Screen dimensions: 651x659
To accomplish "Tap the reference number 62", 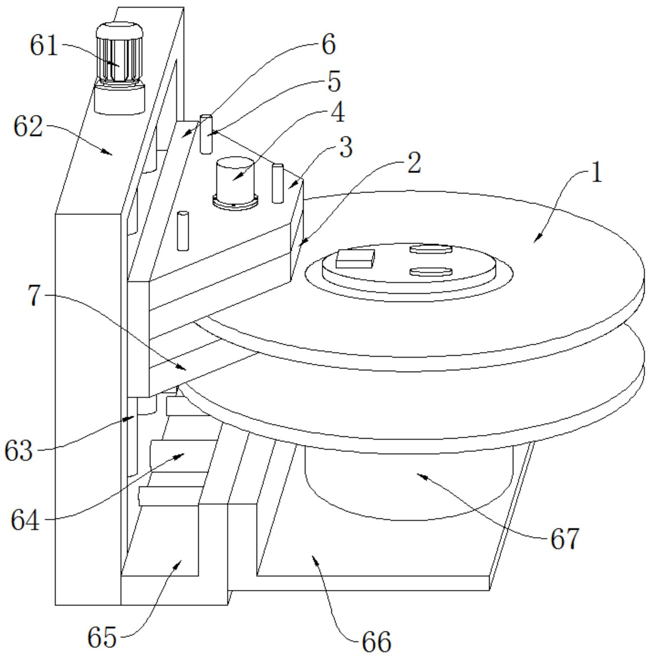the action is point(28,127).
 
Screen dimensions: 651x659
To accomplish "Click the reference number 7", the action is point(34,296).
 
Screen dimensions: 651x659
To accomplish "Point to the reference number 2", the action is point(414,163).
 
